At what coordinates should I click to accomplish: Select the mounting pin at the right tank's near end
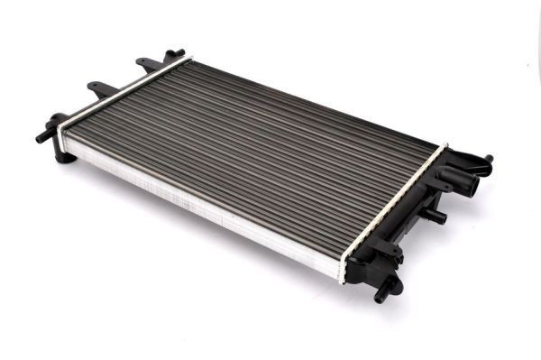tap(388, 288)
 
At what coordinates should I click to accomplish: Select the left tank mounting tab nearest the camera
tap(100, 88)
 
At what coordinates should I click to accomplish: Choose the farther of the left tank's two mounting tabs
tap(148, 64)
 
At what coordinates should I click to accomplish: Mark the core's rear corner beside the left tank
tap(189, 61)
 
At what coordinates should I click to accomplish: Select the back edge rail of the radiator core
tap(316, 99)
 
